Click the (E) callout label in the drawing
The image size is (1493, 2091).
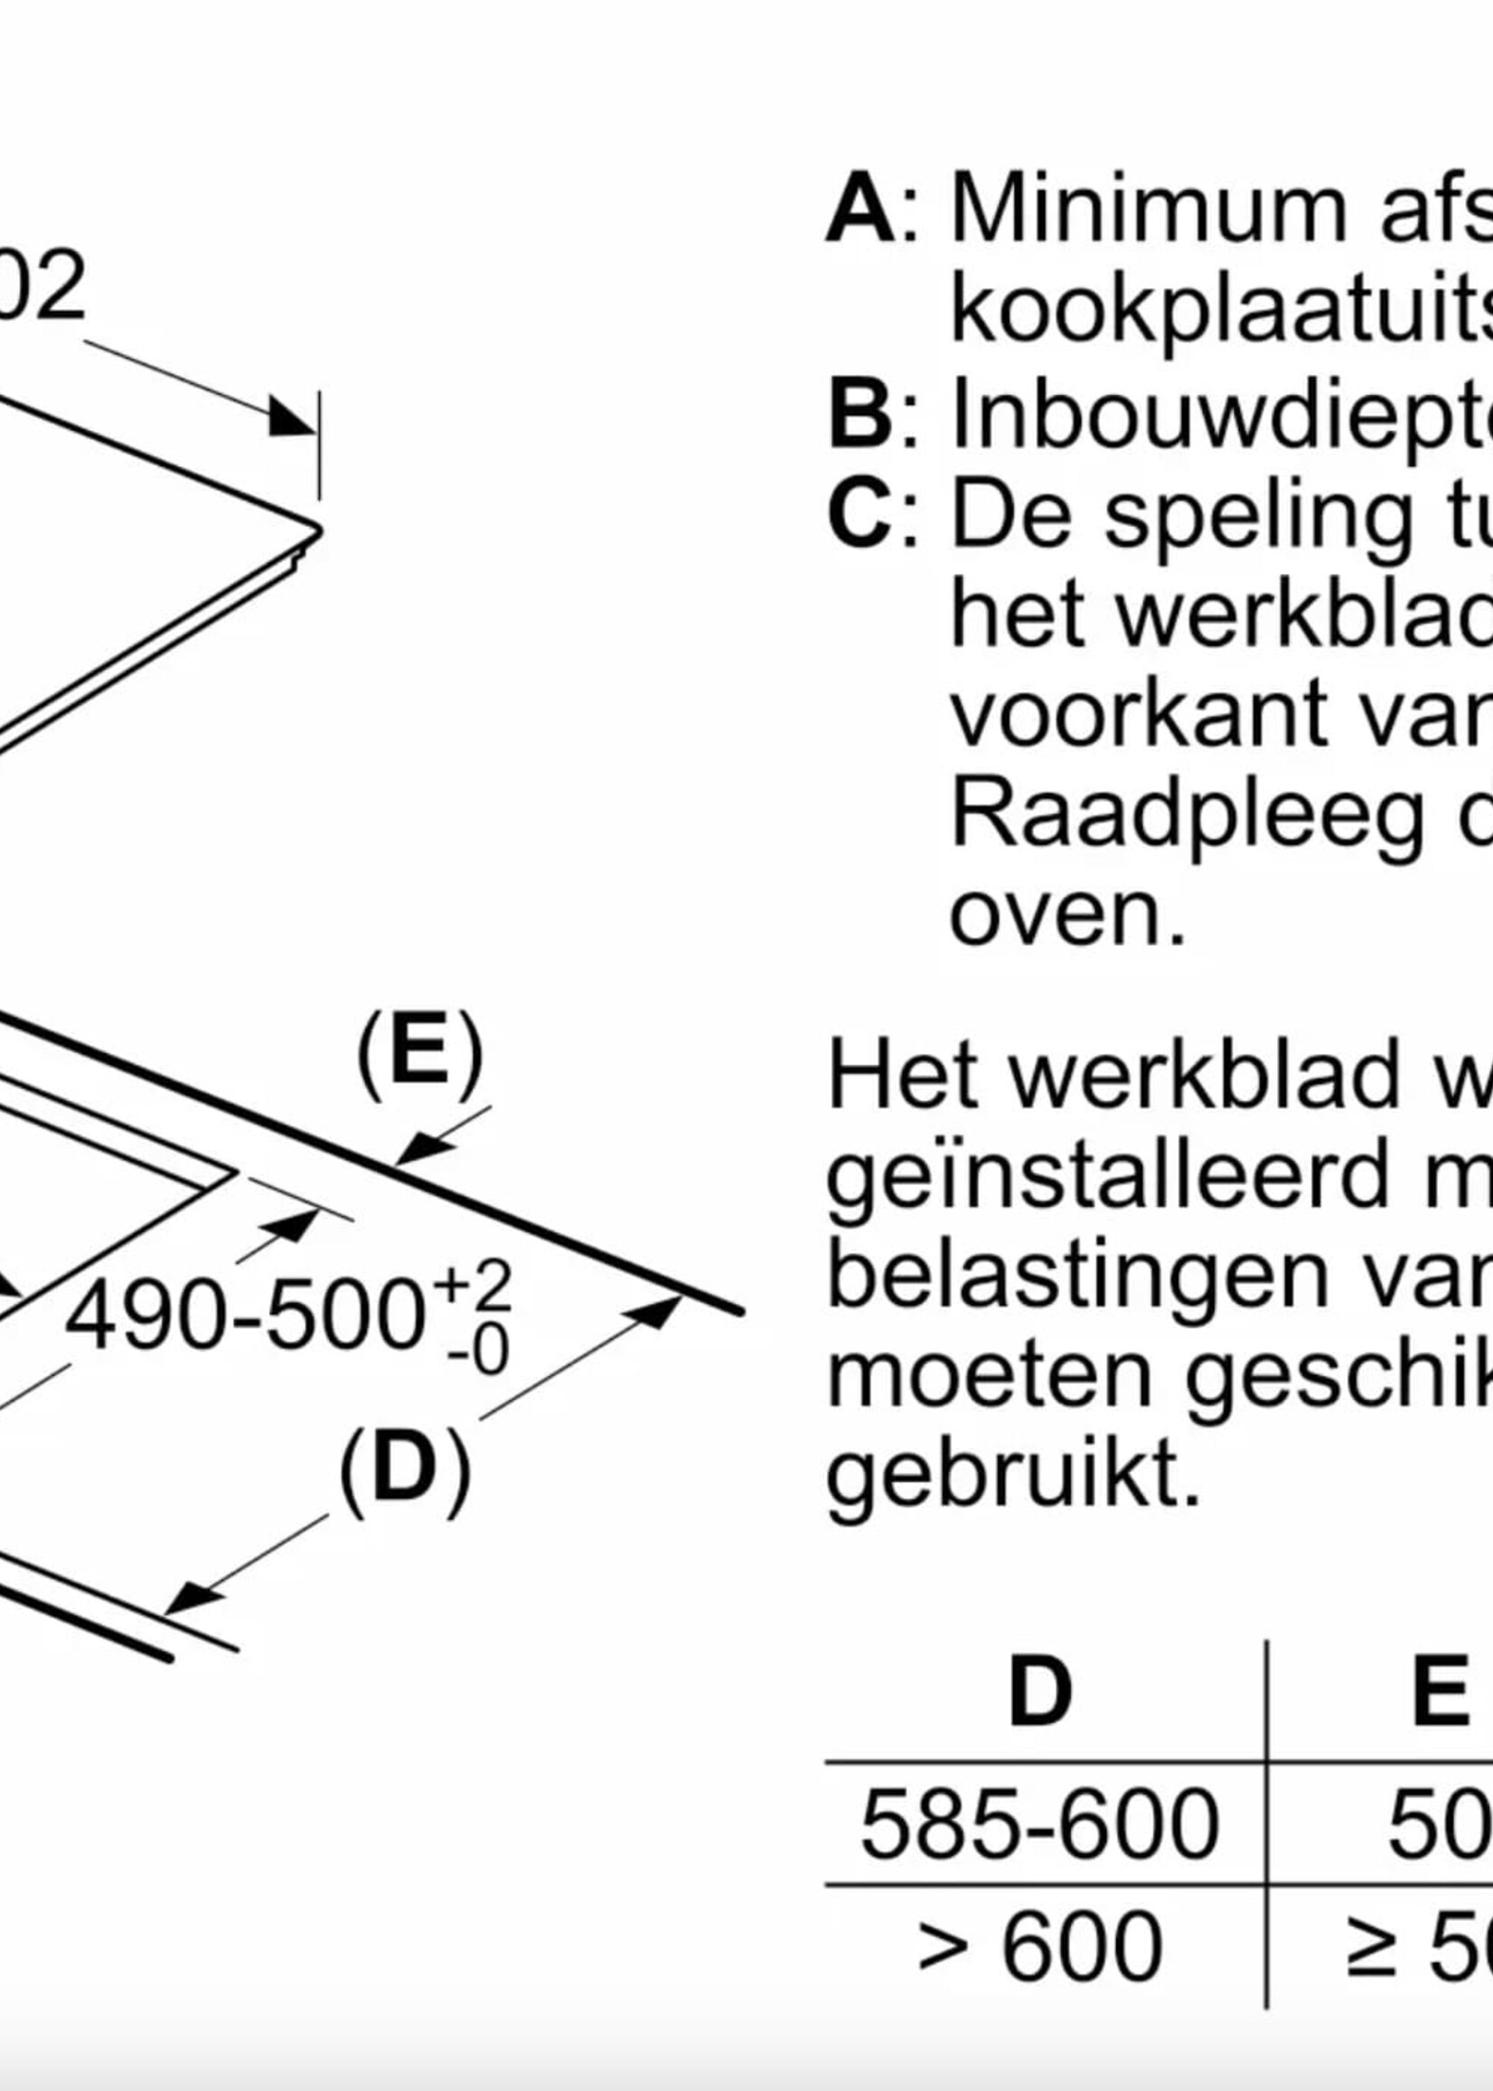tap(419, 1056)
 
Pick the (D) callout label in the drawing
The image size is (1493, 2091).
tap(405, 1469)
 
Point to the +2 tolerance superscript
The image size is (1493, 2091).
tap(474, 1286)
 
